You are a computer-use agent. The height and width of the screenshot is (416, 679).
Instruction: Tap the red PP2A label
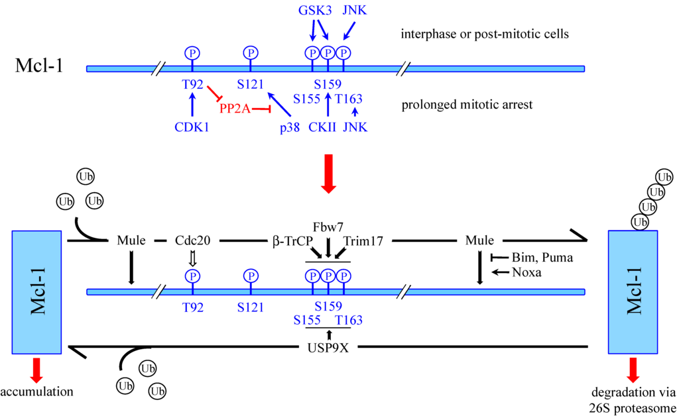click(235, 108)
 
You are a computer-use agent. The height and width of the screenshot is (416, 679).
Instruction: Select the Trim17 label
click(363, 241)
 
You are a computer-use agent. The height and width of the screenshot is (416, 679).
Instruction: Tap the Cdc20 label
click(193, 241)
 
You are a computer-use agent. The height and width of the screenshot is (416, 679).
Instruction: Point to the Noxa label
click(528, 272)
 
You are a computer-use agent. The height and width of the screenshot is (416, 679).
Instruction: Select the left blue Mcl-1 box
click(36, 292)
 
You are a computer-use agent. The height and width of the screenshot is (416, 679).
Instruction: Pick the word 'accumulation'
click(36, 391)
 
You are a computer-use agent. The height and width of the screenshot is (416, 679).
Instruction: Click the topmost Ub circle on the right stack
click(663, 176)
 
